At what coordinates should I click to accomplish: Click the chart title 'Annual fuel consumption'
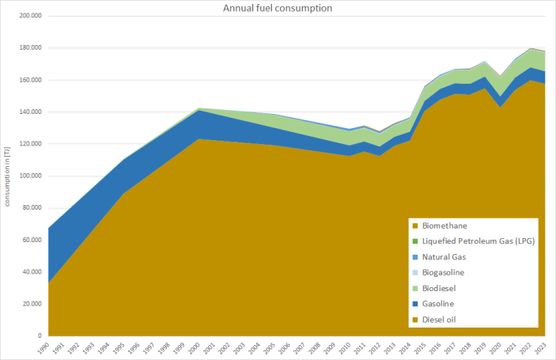coord(277,8)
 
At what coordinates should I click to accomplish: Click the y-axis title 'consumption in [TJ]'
coord(8,176)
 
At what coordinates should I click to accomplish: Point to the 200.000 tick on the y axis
coord(30,16)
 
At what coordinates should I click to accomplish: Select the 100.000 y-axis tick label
coord(30,176)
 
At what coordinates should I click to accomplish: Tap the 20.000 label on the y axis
coord(32,304)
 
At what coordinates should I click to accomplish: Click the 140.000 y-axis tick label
coord(30,112)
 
